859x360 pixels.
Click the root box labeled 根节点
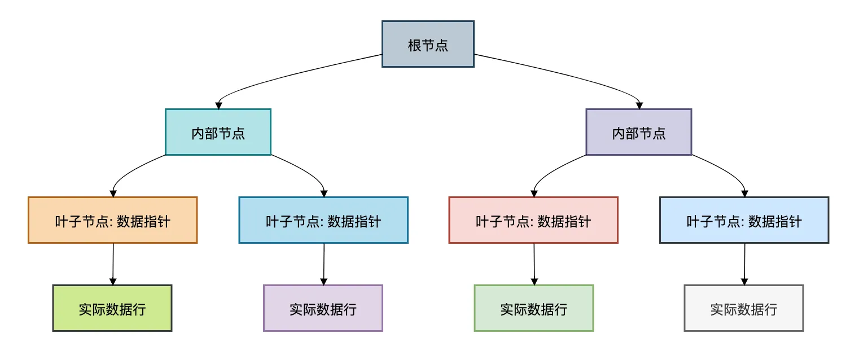(x=428, y=45)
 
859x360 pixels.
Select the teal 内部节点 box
(x=218, y=132)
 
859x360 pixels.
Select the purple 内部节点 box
(x=638, y=132)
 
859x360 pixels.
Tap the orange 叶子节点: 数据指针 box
(x=112, y=220)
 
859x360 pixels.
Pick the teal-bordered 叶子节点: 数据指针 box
(x=323, y=220)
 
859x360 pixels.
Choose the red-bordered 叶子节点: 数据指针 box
(x=533, y=220)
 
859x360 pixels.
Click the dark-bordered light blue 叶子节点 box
(x=744, y=220)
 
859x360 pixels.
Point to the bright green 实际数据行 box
(x=112, y=308)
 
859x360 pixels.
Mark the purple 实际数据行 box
(x=323, y=308)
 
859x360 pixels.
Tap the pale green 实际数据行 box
(x=533, y=308)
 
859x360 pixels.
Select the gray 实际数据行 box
(x=743, y=308)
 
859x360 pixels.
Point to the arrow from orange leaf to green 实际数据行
(x=113, y=264)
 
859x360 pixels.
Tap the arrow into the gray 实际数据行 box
(x=744, y=264)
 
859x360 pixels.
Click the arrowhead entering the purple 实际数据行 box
(x=323, y=281)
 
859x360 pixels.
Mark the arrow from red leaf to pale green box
(x=534, y=264)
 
